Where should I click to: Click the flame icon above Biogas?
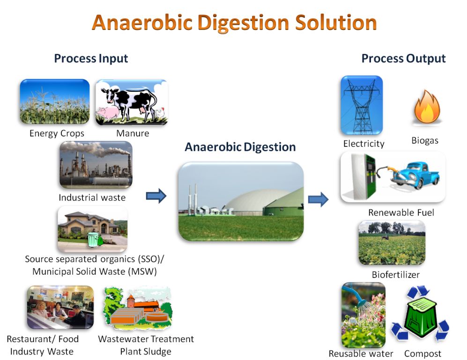click(x=427, y=107)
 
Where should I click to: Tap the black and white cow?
click(x=130, y=101)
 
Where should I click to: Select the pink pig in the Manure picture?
click(x=107, y=113)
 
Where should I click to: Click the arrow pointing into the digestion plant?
click(x=156, y=196)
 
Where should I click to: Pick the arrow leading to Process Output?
click(x=318, y=199)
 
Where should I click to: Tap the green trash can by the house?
click(x=93, y=240)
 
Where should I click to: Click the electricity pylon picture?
click(x=362, y=105)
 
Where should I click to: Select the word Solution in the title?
click(x=336, y=22)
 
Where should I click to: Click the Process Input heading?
click(x=91, y=59)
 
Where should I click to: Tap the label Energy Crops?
click(x=57, y=133)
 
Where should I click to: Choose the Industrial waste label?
click(x=92, y=197)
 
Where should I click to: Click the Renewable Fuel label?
click(x=401, y=212)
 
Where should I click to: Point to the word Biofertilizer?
click(x=395, y=275)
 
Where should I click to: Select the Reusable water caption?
click(x=361, y=353)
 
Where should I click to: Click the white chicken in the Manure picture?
click(x=160, y=113)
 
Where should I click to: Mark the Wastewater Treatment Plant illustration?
click(x=137, y=308)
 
